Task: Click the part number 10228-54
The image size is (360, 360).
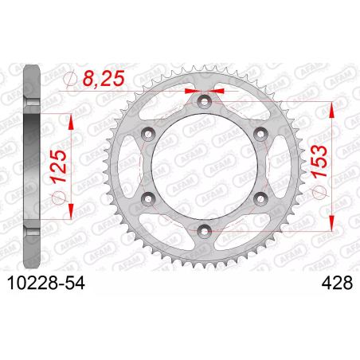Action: tap(46, 283)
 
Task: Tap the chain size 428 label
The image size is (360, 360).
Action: tap(337, 283)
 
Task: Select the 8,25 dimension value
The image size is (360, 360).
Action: tap(104, 79)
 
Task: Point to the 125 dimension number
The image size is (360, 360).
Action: tap(59, 166)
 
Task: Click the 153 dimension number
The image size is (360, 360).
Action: tap(319, 162)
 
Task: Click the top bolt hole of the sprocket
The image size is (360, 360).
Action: tap(204, 101)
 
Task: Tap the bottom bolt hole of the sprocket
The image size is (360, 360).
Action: tap(204, 231)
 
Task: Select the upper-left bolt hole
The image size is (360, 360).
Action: tap(148, 134)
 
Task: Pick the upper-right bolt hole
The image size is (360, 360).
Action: tap(260, 134)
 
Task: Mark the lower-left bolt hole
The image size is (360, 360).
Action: tap(148, 199)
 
